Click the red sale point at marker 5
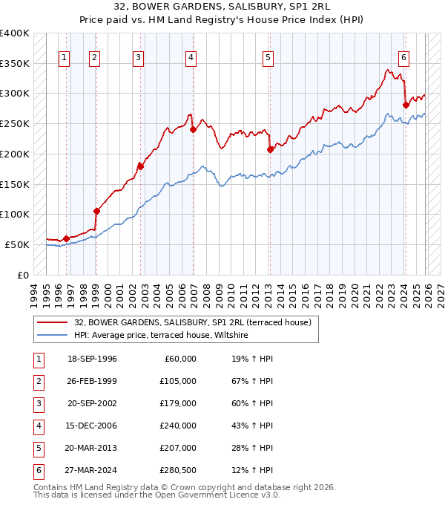(270, 149)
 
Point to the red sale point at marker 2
(96, 211)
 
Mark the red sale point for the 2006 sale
(193, 129)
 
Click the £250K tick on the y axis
(15, 123)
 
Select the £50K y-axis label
(17, 244)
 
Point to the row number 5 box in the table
(36, 449)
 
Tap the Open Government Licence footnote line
(157, 495)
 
